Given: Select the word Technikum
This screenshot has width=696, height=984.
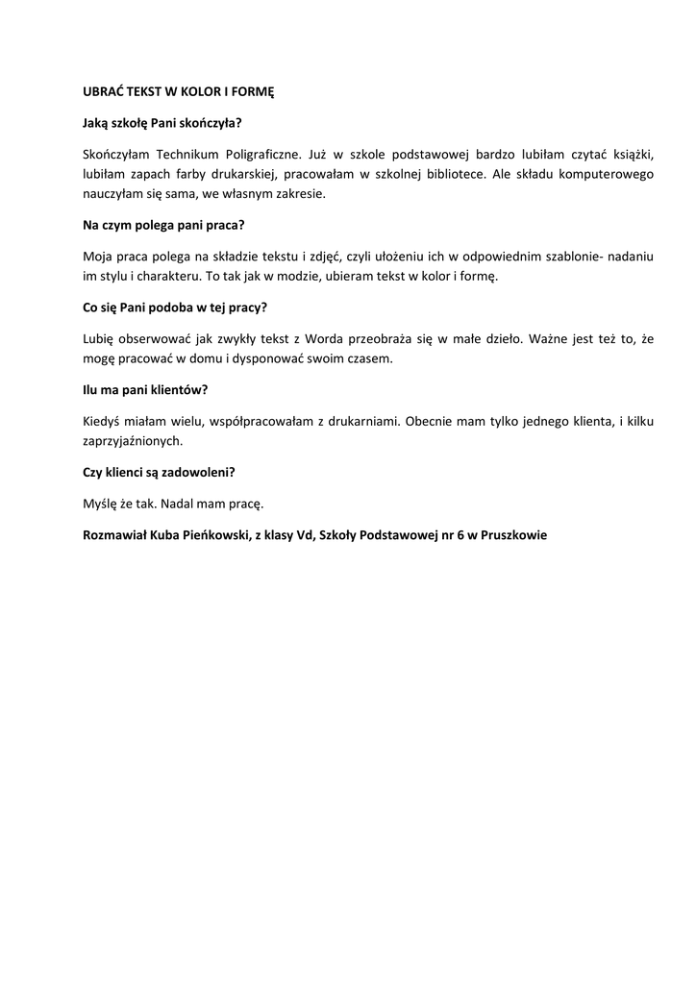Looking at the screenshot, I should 186,153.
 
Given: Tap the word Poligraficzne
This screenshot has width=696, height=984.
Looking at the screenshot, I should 262,153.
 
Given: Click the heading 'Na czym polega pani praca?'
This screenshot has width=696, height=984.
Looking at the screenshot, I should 163,226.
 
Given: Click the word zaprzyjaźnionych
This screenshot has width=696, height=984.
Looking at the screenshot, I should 133,441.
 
